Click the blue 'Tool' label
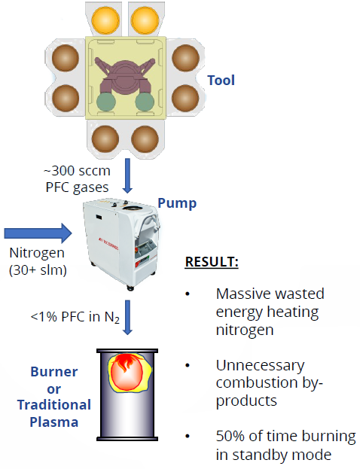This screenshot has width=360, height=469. pyautogui.click(x=221, y=80)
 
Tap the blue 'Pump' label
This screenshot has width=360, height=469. pyautogui.click(x=177, y=203)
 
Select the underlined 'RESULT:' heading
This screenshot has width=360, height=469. pyautogui.click(x=212, y=262)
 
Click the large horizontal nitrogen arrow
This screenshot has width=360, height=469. pyautogui.click(x=38, y=233)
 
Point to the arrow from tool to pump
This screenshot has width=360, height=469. pyautogui.click(x=127, y=176)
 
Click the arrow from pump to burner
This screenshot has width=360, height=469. pyautogui.click(x=128, y=318)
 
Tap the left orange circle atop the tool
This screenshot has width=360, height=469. pyautogui.click(x=105, y=20)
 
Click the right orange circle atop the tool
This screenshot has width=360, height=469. pyautogui.click(x=145, y=20)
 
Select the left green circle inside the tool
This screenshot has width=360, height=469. pyautogui.click(x=106, y=102)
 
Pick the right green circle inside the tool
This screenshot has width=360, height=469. pyautogui.click(x=145, y=102)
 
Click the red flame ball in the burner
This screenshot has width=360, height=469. pyautogui.click(x=127, y=373)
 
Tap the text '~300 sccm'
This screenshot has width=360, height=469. pyautogui.click(x=77, y=171)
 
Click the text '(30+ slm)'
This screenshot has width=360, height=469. pyautogui.click(x=38, y=270)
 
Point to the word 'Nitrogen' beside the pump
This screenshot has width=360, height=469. pyautogui.click(x=37, y=253)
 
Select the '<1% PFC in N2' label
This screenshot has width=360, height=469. pyautogui.click(x=75, y=317)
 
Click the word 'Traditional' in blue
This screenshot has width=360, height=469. pyautogui.click(x=54, y=405)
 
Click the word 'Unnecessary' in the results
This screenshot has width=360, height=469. pyautogui.click(x=261, y=366)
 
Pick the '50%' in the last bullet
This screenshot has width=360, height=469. pyautogui.click(x=230, y=436)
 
